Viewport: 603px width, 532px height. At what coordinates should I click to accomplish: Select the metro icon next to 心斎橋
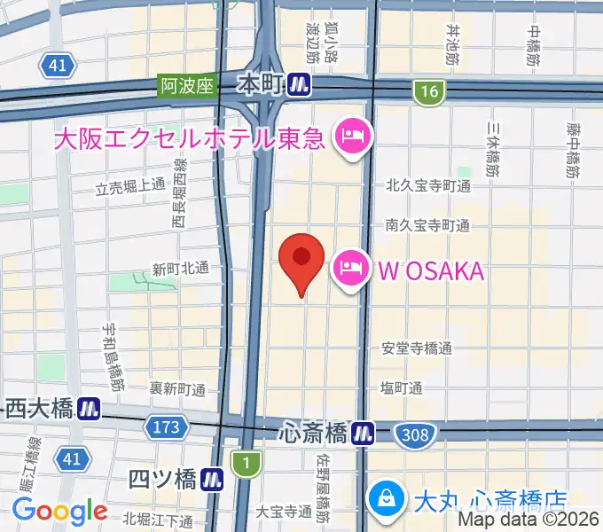(361, 434)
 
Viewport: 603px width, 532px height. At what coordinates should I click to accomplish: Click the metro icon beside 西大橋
(88, 409)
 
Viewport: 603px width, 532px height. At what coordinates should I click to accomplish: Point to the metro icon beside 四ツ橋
(211, 480)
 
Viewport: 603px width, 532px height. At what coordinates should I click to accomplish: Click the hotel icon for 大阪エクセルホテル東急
(354, 138)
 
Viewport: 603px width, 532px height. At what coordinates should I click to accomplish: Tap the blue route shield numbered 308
(414, 434)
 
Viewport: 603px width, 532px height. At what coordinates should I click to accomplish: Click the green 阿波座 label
(187, 86)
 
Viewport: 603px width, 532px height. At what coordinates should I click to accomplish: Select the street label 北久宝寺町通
(427, 186)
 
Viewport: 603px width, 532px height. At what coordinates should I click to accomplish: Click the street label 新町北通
(180, 268)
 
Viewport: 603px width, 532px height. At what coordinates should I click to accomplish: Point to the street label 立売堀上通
(131, 186)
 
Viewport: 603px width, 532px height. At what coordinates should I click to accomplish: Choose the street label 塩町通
(401, 387)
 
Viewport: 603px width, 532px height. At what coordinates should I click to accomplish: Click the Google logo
(59, 510)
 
